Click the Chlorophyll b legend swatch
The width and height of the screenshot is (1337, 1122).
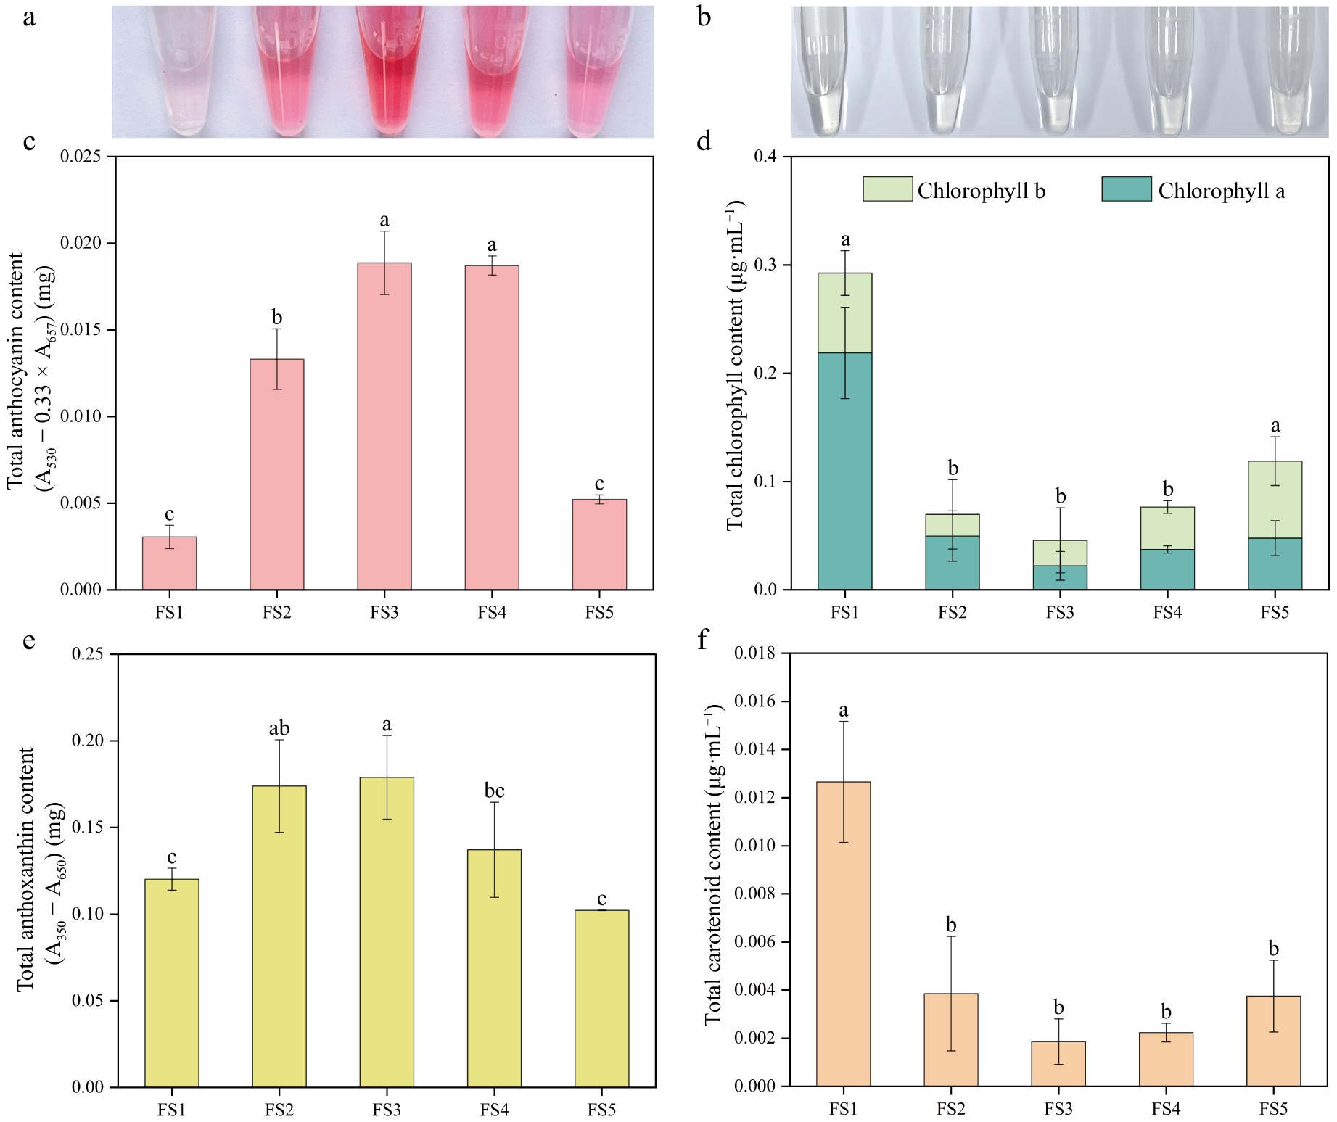coord(887,189)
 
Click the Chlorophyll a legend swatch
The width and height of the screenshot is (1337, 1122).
coord(1126,189)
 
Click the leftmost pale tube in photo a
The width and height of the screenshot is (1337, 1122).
coord(172,73)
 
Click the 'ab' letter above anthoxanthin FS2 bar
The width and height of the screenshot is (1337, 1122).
coord(279,728)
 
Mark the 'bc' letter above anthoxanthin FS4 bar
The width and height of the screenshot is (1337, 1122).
coord(494,791)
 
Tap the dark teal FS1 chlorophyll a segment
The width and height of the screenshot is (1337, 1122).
coord(844,471)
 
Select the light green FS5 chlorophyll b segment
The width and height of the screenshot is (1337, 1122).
coord(1275,500)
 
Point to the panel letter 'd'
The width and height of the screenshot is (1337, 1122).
coord(703,141)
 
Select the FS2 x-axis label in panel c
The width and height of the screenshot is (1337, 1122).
coord(276,613)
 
